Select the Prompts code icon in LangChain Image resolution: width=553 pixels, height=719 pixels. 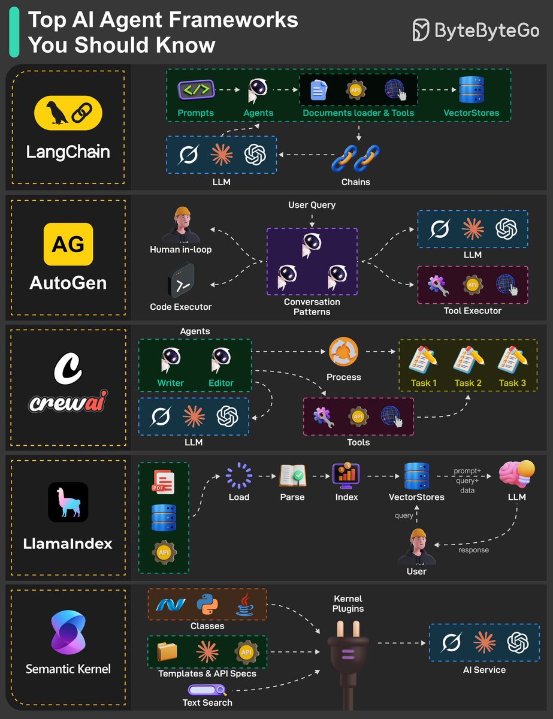[195, 90]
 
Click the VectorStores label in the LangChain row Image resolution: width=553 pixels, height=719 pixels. [471, 113]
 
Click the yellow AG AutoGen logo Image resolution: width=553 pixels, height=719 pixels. [68, 244]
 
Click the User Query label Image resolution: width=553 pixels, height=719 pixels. [312, 205]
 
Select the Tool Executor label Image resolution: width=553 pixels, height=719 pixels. [473, 311]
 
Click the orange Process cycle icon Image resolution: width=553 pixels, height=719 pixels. [344, 353]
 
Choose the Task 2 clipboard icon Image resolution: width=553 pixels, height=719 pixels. [468, 359]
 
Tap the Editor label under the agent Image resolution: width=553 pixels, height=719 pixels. [221, 383]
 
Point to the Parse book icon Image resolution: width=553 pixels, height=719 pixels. [292, 476]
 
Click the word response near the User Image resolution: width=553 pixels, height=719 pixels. [473, 550]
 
